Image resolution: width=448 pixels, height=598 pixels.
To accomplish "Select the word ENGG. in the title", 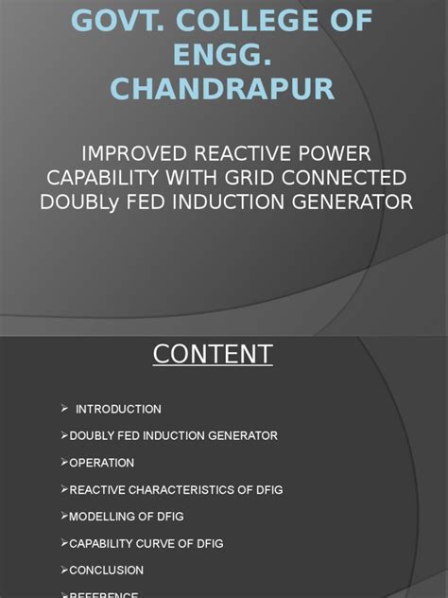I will [x=223, y=54].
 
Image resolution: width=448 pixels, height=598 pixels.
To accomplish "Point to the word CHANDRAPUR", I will [x=223, y=89].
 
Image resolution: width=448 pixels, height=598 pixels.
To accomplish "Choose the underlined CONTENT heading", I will [x=213, y=354].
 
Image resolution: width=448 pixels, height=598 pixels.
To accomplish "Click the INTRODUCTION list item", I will [x=118, y=409].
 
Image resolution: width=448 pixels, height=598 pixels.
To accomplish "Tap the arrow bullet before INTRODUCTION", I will [x=64, y=408].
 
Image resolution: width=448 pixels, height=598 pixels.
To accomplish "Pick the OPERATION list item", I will [x=101, y=463].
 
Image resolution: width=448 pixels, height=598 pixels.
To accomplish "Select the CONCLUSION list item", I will [x=106, y=571].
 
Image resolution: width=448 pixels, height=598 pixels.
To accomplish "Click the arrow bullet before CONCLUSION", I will [x=64, y=571].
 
